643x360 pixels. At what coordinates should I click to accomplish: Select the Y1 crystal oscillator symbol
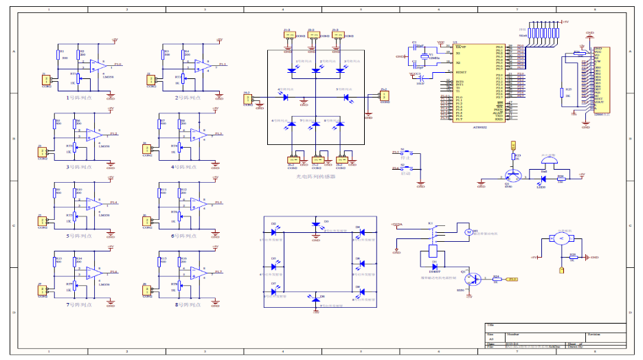[x=425, y=57]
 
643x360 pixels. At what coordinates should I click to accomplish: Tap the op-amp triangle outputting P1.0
[x=93, y=66]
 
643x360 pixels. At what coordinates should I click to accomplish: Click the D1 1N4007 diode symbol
[x=434, y=266]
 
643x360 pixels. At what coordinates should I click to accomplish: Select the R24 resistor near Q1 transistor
[x=495, y=280]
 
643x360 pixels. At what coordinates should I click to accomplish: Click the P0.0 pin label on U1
[x=499, y=47]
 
